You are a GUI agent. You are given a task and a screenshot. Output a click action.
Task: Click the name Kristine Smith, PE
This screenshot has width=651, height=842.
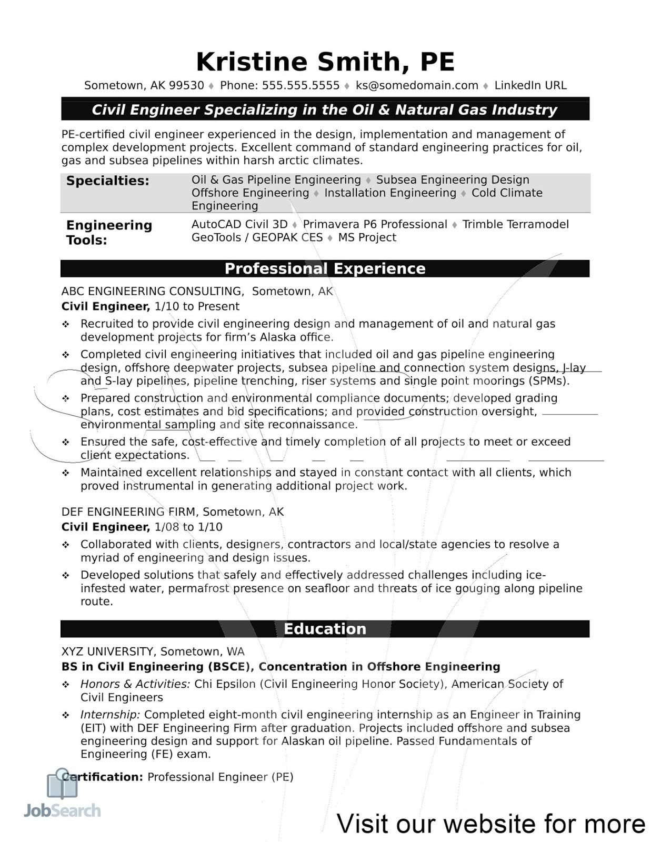(x=325, y=62)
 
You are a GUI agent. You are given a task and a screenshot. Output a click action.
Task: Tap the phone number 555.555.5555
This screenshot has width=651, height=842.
(x=301, y=86)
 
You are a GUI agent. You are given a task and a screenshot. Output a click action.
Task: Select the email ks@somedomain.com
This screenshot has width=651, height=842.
(x=417, y=86)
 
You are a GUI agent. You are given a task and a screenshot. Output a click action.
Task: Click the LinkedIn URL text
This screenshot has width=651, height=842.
(x=530, y=86)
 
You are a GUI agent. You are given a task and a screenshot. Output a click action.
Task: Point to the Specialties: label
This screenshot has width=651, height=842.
(x=107, y=181)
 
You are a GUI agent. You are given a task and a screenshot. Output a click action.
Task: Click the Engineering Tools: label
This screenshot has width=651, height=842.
(x=108, y=233)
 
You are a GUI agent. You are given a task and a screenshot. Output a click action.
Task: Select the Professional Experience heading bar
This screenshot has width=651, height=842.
(x=325, y=268)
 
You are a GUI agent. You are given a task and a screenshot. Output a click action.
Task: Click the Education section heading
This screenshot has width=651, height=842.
(x=325, y=629)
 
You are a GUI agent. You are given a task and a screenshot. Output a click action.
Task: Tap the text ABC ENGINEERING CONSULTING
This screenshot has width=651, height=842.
(x=152, y=292)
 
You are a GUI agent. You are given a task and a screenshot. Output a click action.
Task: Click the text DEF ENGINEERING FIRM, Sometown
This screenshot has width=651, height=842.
(x=172, y=512)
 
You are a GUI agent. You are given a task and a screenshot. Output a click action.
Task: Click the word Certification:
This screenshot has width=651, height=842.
(x=103, y=777)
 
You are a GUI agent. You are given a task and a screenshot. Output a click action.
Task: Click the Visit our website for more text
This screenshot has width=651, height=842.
(x=490, y=824)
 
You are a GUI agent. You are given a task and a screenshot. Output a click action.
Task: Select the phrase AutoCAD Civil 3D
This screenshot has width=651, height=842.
(x=239, y=225)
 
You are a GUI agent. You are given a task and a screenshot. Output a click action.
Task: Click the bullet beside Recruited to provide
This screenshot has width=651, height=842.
(x=66, y=325)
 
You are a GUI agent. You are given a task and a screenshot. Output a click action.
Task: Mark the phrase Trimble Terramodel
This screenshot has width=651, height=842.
(x=515, y=225)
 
